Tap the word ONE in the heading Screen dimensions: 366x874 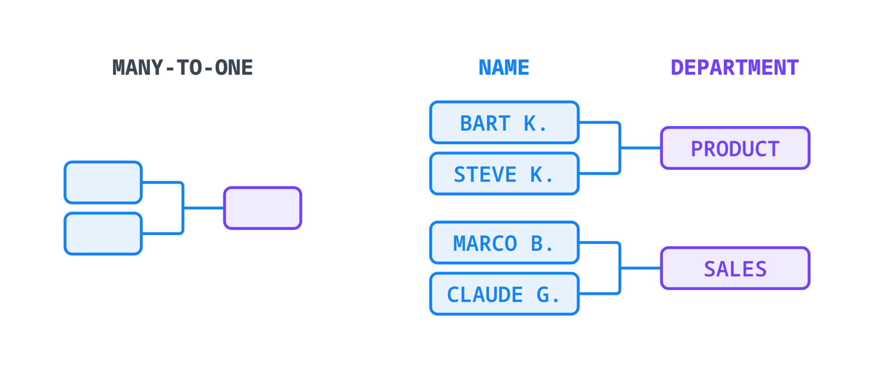(x=234, y=68)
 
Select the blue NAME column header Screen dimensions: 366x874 (x=504, y=68)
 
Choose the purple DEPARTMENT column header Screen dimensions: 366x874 (x=734, y=68)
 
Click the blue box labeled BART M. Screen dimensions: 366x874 (x=504, y=123)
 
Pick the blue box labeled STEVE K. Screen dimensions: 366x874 (x=504, y=174)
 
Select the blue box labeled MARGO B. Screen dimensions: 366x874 (x=504, y=243)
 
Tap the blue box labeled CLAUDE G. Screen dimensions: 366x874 (x=504, y=294)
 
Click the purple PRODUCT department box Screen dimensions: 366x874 (x=735, y=148)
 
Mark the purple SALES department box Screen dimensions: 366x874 (x=735, y=268)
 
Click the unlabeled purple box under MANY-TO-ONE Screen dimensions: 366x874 (x=262, y=208)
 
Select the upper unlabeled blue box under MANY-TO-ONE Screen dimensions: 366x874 (x=103, y=182)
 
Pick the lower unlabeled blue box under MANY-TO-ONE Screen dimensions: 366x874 (x=103, y=234)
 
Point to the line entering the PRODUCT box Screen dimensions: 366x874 (x=640, y=148)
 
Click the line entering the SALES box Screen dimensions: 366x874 (x=640, y=268)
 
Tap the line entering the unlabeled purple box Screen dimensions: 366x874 (x=204, y=208)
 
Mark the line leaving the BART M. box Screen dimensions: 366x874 (x=597, y=123)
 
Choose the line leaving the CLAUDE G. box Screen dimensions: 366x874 (x=597, y=293)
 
